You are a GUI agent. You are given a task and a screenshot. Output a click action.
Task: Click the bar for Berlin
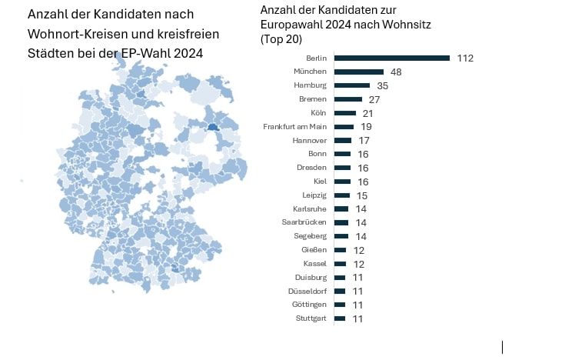coord(391,58)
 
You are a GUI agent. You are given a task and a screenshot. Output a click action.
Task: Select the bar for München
coord(359,72)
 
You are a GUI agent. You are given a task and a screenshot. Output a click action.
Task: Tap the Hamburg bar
coord(352,85)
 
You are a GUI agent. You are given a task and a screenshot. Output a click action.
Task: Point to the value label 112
coord(464,58)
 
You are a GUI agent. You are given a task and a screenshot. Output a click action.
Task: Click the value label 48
coord(397,72)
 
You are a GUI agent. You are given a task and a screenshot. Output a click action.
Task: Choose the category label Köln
coord(318,113)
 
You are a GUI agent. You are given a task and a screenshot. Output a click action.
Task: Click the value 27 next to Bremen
coord(375,100)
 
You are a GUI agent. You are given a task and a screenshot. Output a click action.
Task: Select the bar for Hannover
coord(343,141)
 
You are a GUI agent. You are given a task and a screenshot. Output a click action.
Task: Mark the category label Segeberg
coord(310,236)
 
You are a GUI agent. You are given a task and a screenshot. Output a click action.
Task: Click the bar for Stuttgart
coord(340,318)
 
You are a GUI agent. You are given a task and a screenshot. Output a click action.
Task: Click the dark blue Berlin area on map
coord(214,130)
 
